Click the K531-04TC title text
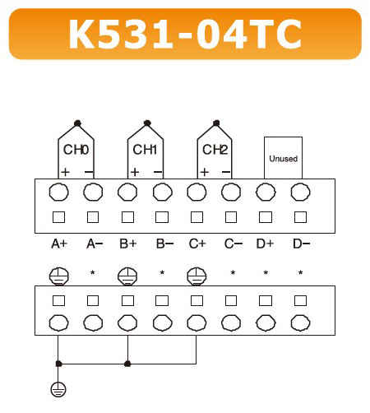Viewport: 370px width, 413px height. [185, 35]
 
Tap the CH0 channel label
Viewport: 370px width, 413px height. [76, 150]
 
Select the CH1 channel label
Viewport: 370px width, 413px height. [145, 150]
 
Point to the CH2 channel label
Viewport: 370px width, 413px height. [215, 150]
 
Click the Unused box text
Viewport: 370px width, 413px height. [284, 159]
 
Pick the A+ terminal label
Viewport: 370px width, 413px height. [59, 244]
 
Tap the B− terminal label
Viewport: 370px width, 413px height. [164, 244]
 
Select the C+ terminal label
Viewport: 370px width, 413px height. [197, 244]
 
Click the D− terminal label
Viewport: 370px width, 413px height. [301, 244]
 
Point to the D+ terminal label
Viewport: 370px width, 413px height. [265, 244]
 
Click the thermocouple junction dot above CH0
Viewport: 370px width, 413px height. [77, 123]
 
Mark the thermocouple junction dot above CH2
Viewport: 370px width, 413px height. [216, 123]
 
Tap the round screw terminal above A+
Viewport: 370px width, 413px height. [58, 192]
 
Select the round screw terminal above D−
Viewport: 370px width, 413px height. [301, 192]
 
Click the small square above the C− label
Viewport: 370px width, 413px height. [231, 217]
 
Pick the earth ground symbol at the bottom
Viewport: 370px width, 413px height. [58, 389]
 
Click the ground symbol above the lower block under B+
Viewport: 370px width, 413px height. [127, 276]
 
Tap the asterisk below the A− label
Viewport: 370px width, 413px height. [93, 272]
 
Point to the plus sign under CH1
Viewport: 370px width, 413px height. [135, 172]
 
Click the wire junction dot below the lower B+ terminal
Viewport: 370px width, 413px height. [127, 364]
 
